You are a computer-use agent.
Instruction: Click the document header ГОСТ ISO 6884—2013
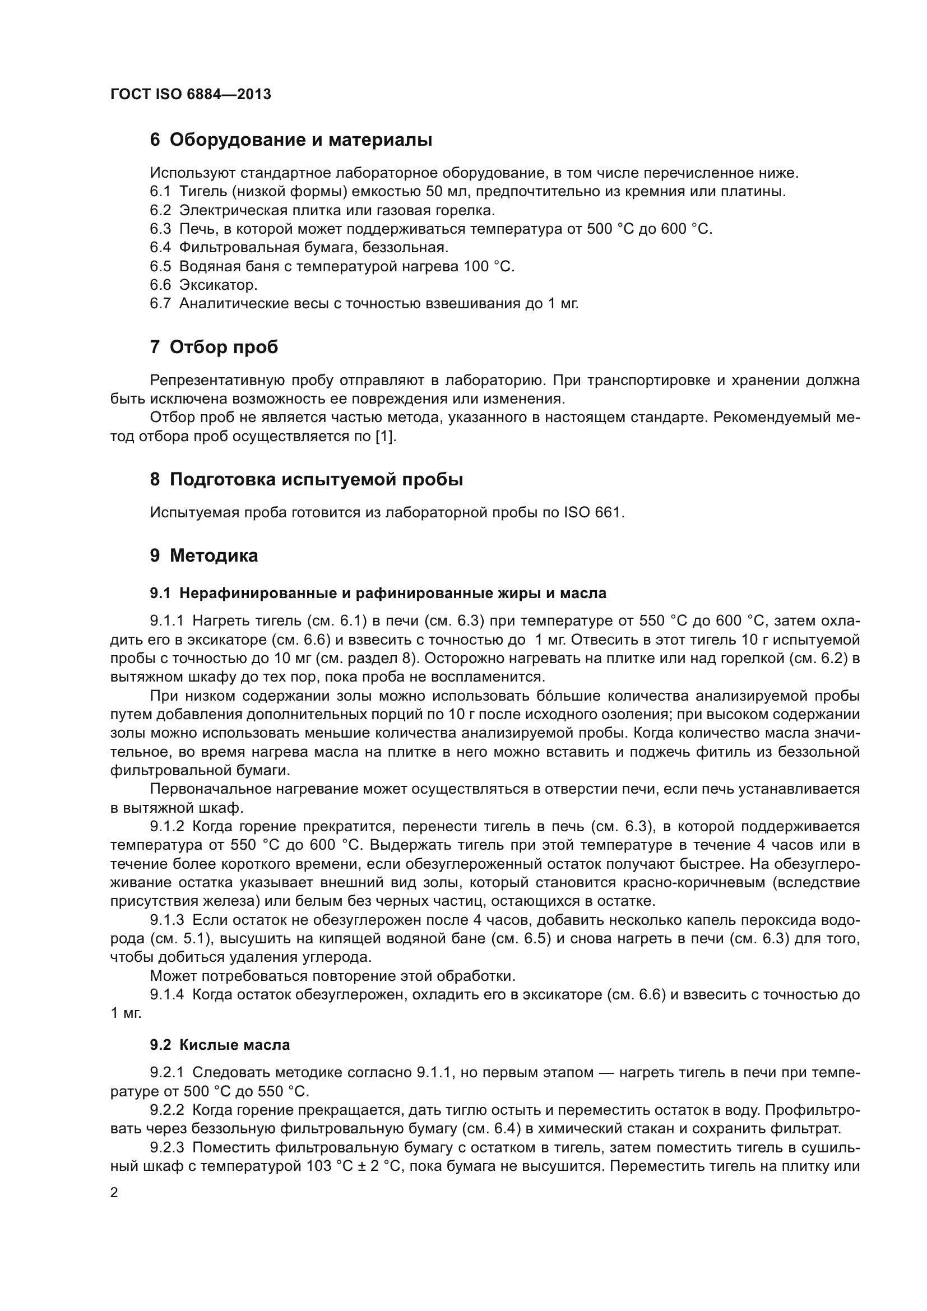(190, 94)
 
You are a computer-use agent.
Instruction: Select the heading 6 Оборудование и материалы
(290, 140)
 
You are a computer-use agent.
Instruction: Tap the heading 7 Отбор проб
(214, 347)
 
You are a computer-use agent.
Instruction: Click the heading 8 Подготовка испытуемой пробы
(306, 480)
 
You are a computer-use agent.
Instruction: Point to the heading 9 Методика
(204, 555)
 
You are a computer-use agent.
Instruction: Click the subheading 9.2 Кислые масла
(220, 1045)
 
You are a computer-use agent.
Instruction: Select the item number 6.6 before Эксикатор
(160, 284)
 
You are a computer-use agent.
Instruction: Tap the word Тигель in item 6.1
(199, 191)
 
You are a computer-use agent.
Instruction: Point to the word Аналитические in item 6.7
(233, 303)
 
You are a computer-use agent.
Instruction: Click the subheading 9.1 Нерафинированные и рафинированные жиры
(378, 593)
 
